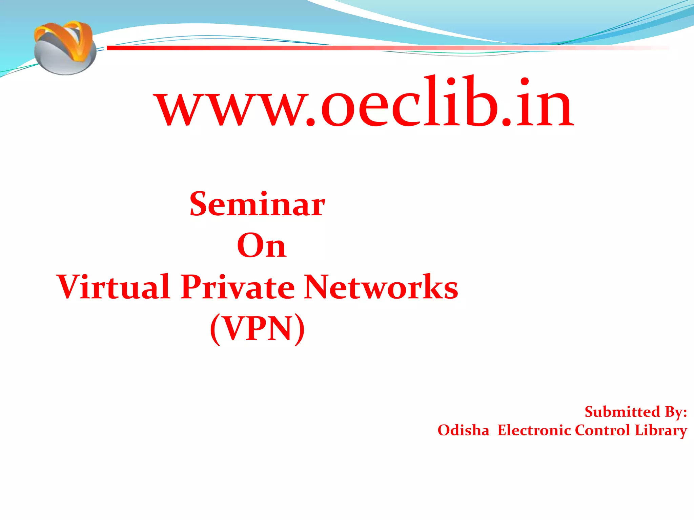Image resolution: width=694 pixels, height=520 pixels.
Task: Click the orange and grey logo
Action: pos(64,47)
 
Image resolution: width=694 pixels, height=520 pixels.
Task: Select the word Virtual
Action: pos(114,287)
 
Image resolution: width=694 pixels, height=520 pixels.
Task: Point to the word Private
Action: pos(238,287)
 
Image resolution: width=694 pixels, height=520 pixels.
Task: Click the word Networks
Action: pos(381,287)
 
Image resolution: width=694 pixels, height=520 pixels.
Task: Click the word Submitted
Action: pos(622,412)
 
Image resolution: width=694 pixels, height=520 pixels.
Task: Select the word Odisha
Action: pos(463,430)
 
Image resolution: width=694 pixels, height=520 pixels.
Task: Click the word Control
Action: pos(602,430)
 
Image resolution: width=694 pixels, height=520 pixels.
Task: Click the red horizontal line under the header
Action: pos(339,48)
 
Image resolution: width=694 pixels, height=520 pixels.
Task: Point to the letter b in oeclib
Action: pos(481,102)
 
